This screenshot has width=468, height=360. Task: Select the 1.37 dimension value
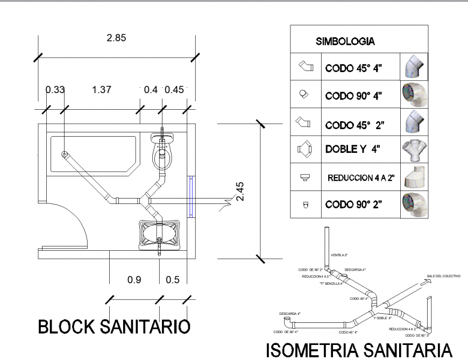(101, 90)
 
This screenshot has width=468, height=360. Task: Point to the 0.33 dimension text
(54, 90)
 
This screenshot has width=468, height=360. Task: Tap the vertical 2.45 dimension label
(240, 191)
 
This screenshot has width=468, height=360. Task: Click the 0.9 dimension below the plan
(134, 280)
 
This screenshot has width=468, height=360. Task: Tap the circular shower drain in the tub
(65, 154)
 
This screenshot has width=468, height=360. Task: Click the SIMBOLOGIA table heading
(345, 41)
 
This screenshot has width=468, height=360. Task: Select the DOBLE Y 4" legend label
(352, 149)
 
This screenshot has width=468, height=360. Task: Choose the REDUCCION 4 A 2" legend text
(361, 178)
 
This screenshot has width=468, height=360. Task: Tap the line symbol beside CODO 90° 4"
(304, 95)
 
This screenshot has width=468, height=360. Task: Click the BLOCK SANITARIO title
(114, 327)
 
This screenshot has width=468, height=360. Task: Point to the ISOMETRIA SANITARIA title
(359, 350)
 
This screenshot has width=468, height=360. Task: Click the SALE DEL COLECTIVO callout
(444, 276)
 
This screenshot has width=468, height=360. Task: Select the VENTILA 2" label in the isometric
(339, 255)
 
